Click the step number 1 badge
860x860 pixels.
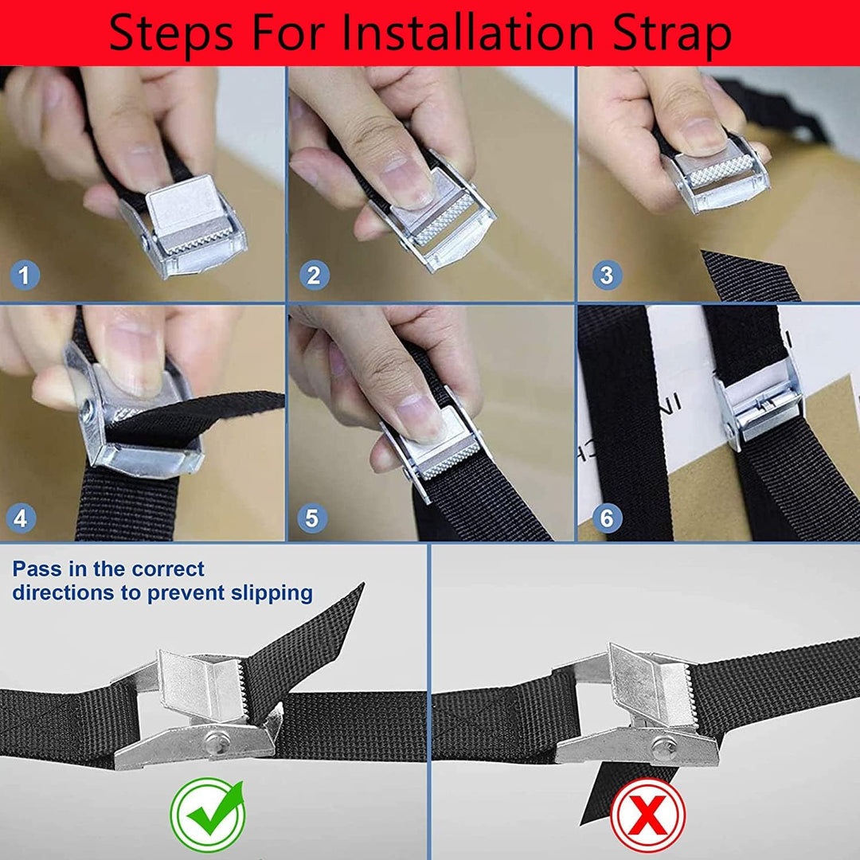pos(24,275)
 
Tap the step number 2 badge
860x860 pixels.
pos(314,275)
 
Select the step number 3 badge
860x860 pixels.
pos(607,275)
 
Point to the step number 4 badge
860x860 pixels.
pos(21,518)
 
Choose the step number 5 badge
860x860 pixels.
pos(312,518)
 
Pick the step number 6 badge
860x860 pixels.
pos(607,518)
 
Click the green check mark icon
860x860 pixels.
pos(208,814)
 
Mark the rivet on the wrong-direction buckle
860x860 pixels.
pos(664,746)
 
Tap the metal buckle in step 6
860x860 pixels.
pos(759,403)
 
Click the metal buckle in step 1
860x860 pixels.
pos(183,225)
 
